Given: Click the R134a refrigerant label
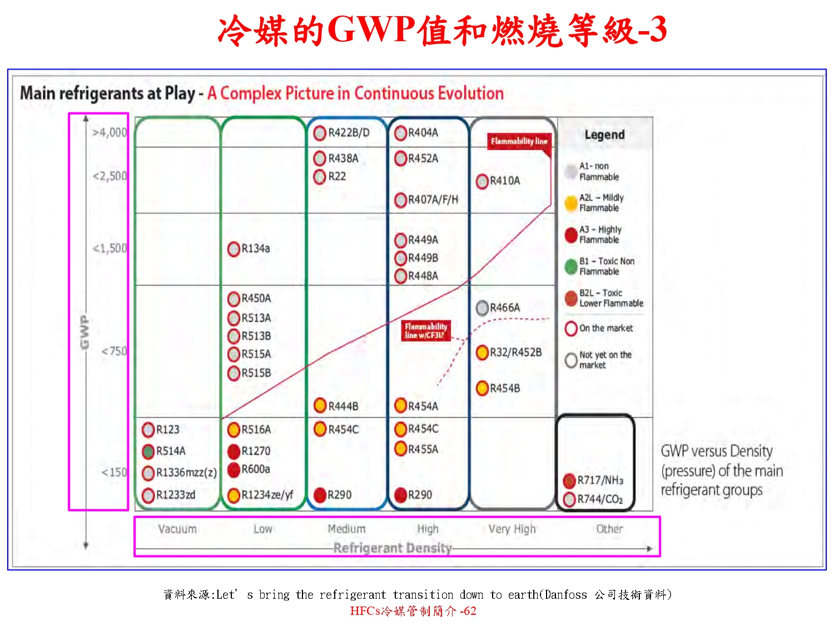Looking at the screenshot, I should coord(256,249).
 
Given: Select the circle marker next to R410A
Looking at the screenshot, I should coord(483,181).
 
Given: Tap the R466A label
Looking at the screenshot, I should coord(505,308).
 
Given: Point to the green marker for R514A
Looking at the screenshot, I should coord(148,451).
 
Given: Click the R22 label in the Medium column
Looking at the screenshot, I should coord(337,176).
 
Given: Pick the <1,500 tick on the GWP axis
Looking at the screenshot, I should coord(110,248).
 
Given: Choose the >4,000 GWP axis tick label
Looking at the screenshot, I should coord(110,132).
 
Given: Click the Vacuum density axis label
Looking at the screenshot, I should coord(177,529).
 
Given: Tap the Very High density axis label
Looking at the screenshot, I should coord(512,529).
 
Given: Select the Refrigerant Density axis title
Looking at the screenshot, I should coord(393,548).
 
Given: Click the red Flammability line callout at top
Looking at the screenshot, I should coord(519,141).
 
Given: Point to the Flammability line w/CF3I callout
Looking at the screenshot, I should coord(426,331).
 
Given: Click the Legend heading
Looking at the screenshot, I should coord(604,135).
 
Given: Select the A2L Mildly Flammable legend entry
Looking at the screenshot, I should coord(601,203).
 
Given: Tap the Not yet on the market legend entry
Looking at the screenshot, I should coord(604,360).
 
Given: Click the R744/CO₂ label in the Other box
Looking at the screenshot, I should coord(600,499).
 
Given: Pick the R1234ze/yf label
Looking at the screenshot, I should coord(267,495).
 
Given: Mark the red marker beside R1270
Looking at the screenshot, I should coord(234,451).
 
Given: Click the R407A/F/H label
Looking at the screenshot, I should coord(433,200).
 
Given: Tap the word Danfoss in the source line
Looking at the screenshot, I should coord(565,595).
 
